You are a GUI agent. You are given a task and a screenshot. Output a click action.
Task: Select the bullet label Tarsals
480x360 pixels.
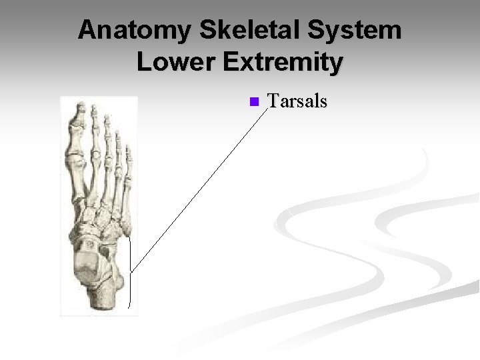point(297,101)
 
